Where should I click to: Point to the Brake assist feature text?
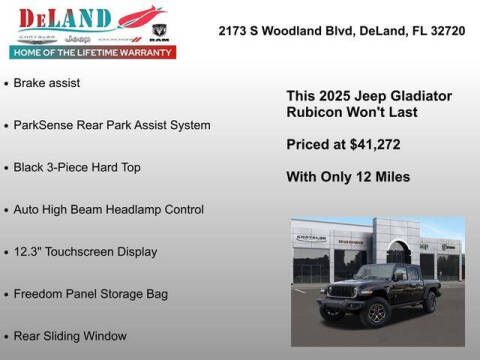(x=47, y=82)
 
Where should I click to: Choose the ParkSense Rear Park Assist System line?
(x=112, y=125)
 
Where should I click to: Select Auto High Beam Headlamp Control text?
(x=109, y=209)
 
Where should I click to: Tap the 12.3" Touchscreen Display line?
(x=85, y=252)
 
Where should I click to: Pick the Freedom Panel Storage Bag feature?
(x=91, y=294)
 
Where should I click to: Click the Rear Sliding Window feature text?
(x=71, y=336)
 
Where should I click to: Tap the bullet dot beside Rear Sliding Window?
(x=7, y=336)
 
